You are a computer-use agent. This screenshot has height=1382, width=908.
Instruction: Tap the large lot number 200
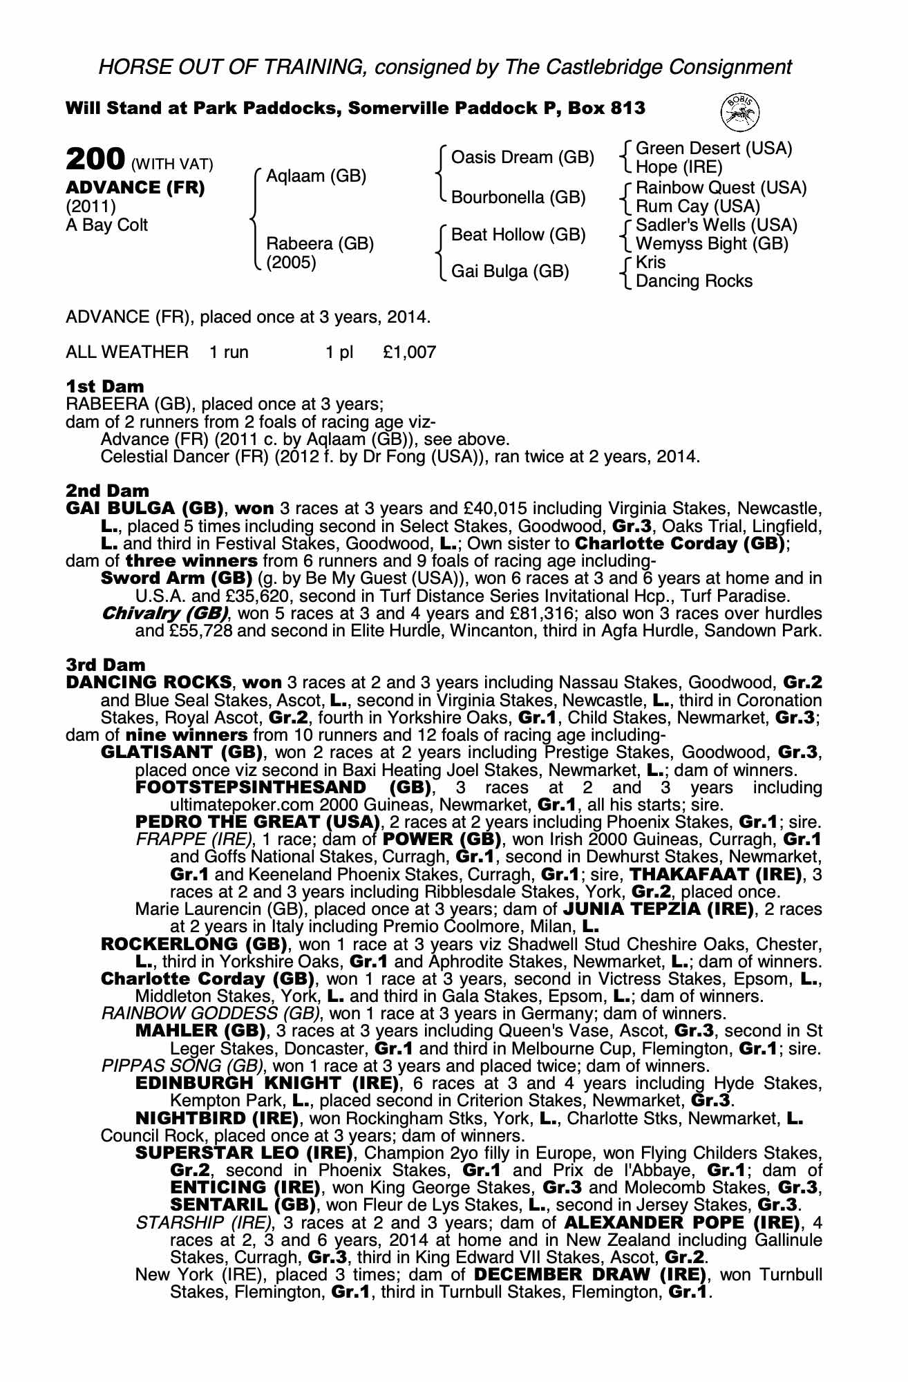point(95,159)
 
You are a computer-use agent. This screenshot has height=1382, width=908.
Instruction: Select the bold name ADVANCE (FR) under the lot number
point(135,188)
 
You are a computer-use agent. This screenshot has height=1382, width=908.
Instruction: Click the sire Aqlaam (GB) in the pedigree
point(316,176)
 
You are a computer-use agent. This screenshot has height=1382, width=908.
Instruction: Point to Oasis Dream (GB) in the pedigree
point(522,158)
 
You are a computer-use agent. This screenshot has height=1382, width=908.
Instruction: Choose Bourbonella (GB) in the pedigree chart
point(518,198)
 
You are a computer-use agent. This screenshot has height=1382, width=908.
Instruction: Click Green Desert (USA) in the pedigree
point(714,149)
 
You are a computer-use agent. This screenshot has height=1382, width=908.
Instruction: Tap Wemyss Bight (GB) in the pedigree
point(711,244)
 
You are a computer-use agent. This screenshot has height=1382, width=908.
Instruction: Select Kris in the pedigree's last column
point(650,263)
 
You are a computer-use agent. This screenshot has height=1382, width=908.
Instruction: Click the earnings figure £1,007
point(409,352)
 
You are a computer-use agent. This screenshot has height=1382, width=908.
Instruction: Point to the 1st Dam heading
point(105,386)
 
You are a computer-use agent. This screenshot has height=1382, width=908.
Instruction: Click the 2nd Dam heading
point(107,491)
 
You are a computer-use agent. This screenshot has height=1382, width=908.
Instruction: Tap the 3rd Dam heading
point(106,665)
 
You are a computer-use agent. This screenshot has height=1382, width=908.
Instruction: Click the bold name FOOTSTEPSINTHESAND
point(251,788)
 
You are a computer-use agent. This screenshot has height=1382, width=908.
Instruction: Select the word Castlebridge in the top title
point(598,67)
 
